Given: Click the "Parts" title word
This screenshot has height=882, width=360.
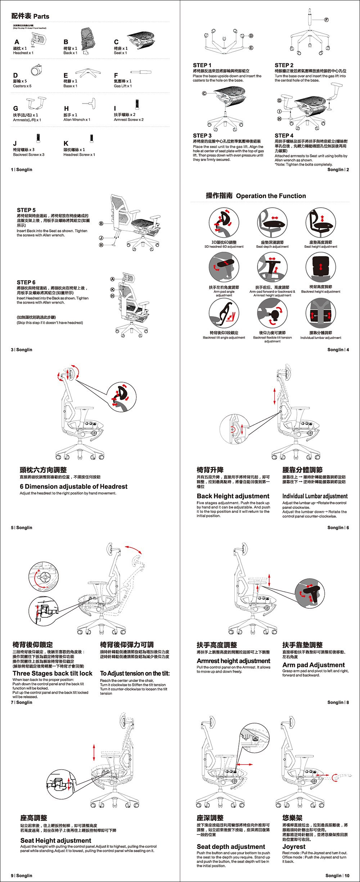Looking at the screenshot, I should tap(41, 17).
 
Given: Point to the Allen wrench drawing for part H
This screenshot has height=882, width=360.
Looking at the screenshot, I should tap(90, 103).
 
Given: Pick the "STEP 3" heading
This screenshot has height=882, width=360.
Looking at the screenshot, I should tap(202, 135).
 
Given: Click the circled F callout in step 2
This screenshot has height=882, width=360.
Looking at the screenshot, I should tap(326, 19).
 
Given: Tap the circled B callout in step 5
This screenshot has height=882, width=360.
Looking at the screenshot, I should tap(102, 224).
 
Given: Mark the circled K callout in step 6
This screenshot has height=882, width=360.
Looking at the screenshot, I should tap(112, 290).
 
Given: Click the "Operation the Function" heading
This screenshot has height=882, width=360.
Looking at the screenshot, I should tap(271, 196).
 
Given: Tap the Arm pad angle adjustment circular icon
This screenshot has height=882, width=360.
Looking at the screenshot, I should tap(224, 268).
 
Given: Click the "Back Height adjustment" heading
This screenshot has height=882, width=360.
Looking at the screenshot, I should tap(233, 496).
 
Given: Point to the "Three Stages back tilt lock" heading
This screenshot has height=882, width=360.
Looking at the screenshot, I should tap(53, 673).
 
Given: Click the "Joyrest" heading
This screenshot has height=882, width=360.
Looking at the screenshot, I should tap(294, 846).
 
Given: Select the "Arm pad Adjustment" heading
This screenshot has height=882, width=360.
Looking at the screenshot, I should tap(314, 665).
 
